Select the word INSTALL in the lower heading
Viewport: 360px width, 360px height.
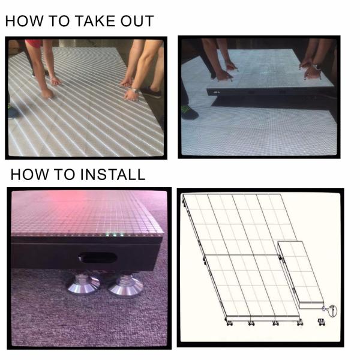[113, 175]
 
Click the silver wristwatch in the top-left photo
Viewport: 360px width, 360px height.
[136, 91]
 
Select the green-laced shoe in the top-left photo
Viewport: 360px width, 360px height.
[14, 112]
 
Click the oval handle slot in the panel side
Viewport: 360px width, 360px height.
[98, 258]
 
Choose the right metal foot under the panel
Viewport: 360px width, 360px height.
[125, 284]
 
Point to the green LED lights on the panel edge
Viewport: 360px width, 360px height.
[115, 235]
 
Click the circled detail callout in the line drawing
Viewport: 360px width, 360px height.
[332, 311]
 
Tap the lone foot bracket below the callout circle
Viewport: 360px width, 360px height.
[321, 322]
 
